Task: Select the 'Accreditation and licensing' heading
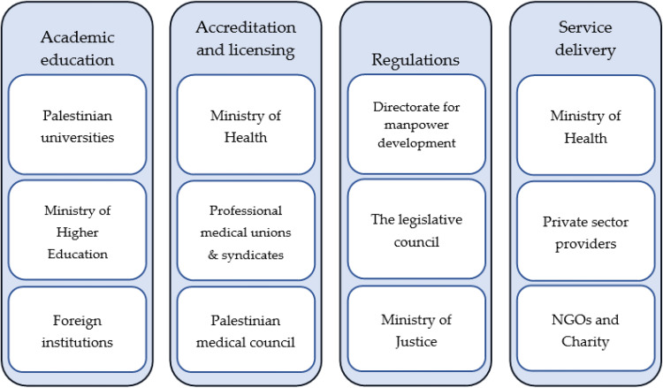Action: coord(245,39)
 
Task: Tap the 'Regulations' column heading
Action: coord(416,60)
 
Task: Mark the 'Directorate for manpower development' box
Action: coord(416,125)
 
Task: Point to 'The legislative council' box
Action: coord(416,231)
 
